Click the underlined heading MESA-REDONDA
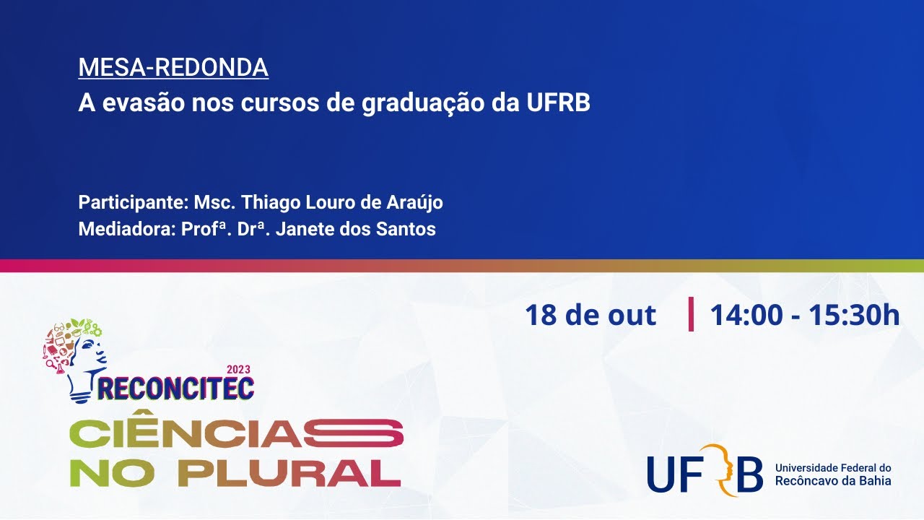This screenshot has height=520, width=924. [173, 67]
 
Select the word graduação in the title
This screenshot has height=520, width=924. [423, 104]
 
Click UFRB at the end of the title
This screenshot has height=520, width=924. [559, 103]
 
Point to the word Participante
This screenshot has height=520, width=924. [134, 203]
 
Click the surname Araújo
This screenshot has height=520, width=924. [414, 202]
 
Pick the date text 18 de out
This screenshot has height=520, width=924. [590, 315]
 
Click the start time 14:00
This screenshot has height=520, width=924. [746, 315]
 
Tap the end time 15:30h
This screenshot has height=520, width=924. [854, 315]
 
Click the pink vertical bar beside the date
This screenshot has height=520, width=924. [691, 313]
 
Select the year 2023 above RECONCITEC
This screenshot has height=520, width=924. [238, 369]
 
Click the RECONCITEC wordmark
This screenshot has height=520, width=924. [176, 388]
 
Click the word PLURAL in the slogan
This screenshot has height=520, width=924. [289, 473]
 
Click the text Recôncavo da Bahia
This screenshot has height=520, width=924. [833, 481]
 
